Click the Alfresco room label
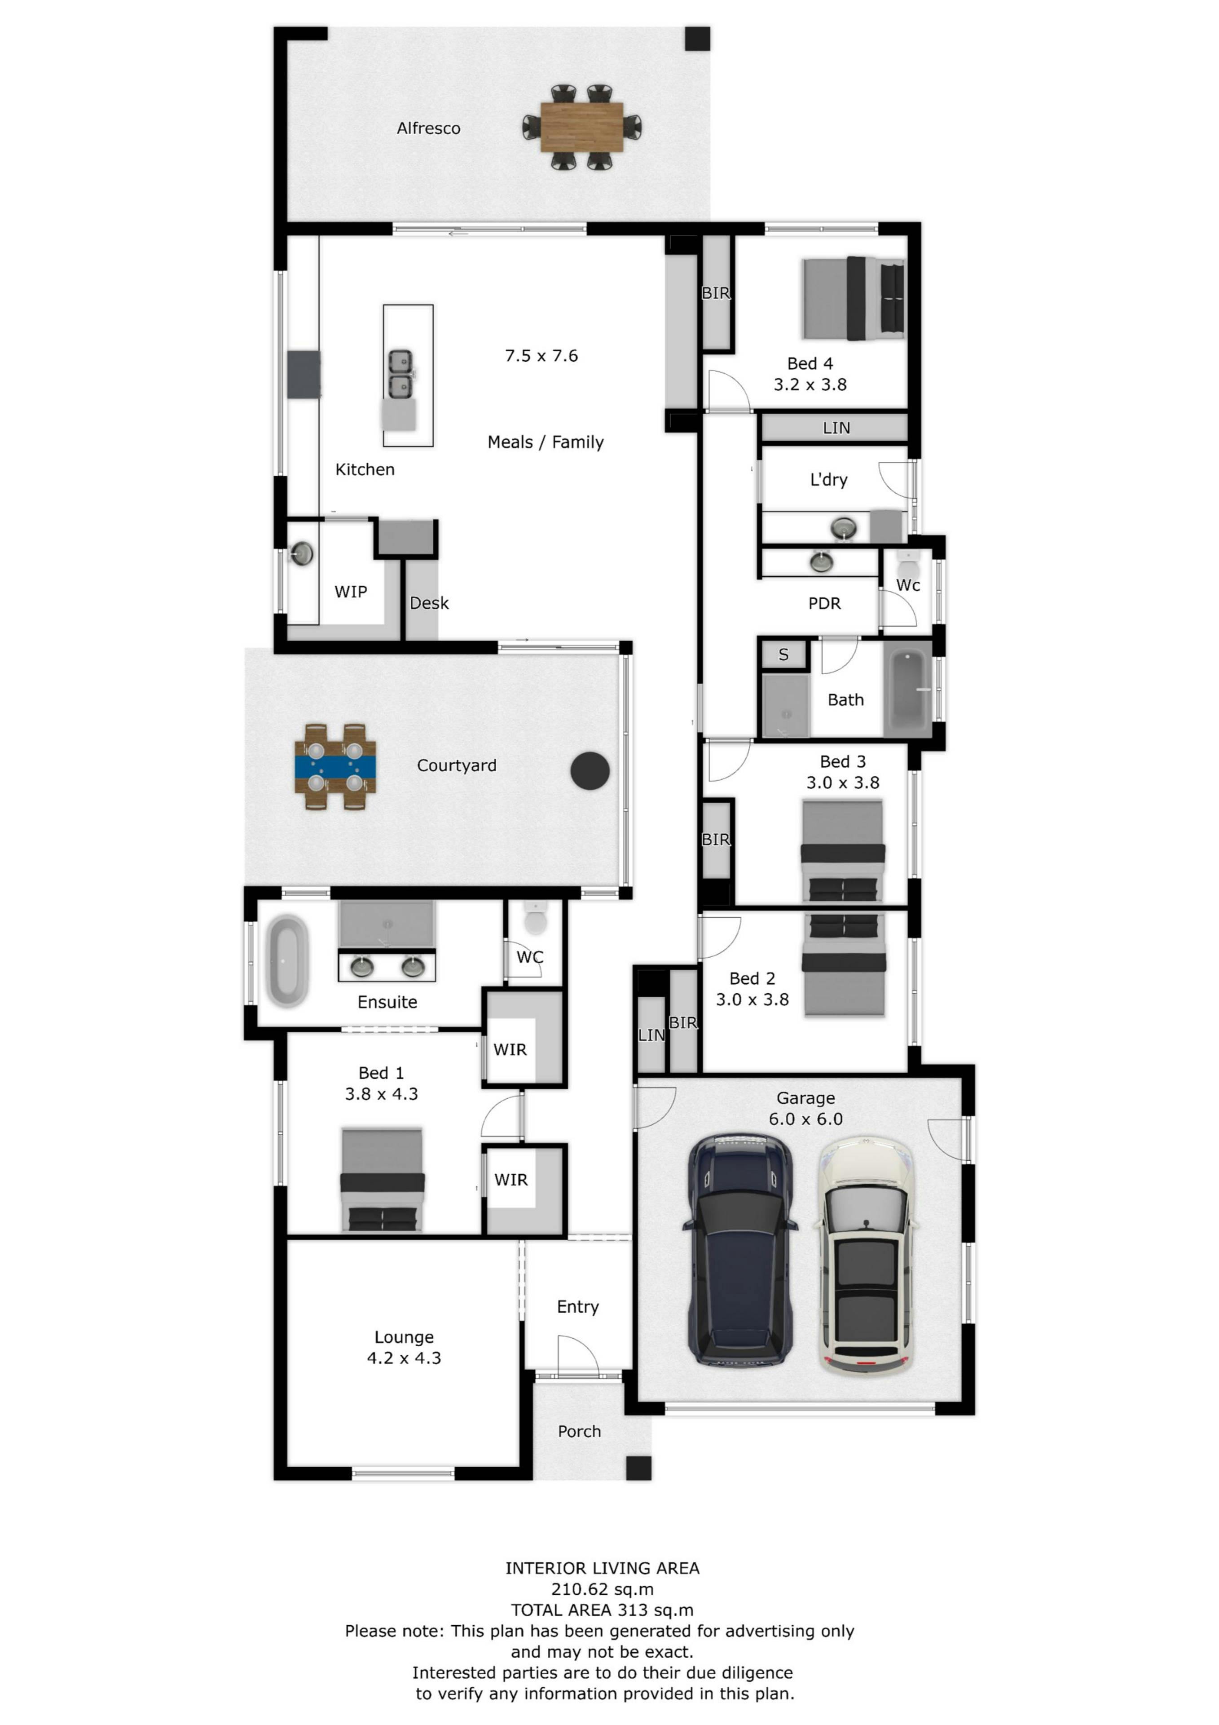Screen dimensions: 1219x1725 point(428,128)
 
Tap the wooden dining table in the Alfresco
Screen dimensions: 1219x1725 point(581,127)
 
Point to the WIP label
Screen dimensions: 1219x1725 point(351,592)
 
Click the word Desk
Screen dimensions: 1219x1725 point(429,603)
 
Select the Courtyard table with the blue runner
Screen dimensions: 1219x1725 point(335,766)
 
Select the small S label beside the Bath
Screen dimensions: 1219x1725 point(783,655)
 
